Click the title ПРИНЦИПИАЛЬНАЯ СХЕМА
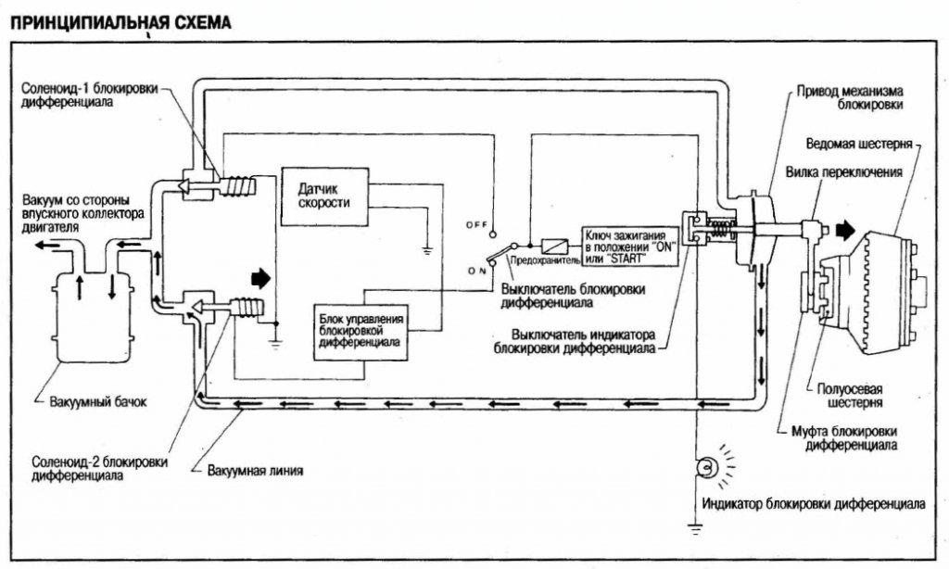click(x=120, y=20)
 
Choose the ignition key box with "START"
click(x=629, y=245)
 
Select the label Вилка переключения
click(x=830, y=171)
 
